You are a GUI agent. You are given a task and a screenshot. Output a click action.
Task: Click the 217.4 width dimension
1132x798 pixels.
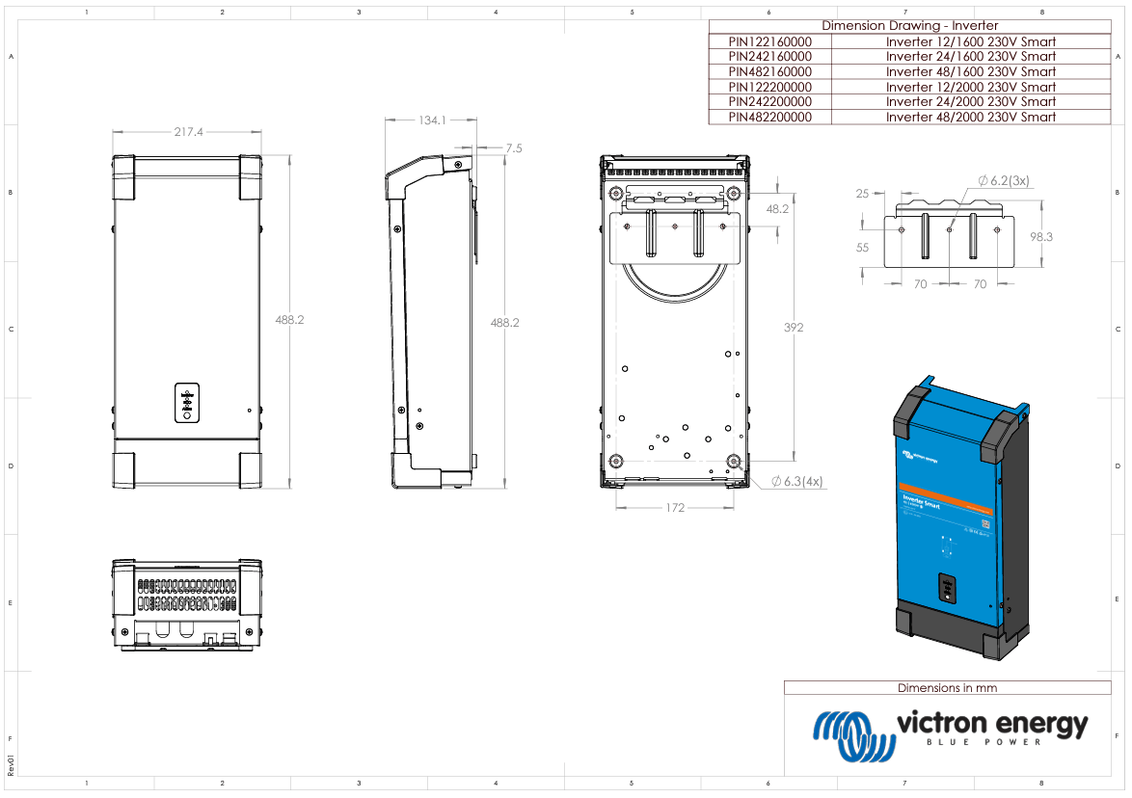click(188, 132)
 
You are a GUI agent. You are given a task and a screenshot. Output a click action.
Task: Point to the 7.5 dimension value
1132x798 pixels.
click(513, 148)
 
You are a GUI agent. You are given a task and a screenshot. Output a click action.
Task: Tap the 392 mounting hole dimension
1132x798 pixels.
click(794, 328)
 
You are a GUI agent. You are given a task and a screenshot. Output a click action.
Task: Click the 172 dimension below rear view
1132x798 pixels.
click(675, 507)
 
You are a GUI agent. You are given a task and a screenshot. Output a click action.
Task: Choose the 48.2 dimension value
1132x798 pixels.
click(777, 209)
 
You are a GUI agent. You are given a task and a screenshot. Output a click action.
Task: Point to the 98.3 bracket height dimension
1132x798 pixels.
click(1041, 236)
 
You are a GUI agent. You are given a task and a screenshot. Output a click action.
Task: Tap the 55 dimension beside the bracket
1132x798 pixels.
click(862, 248)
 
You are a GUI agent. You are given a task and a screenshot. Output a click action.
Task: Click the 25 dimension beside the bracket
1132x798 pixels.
click(862, 194)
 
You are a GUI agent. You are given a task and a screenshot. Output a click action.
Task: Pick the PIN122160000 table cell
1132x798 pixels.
click(769, 41)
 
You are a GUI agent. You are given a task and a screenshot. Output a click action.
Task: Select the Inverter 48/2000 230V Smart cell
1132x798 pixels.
click(970, 117)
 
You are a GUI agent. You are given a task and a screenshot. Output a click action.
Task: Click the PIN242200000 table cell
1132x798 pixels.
click(769, 101)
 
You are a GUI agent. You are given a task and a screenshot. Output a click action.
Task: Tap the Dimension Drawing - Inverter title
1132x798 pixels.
click(909, 26)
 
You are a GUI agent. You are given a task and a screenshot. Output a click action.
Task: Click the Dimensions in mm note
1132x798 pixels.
click(947, 688)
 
